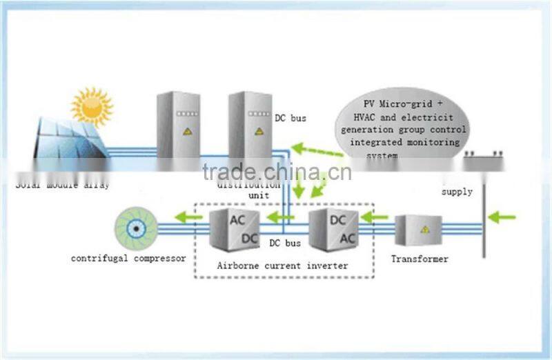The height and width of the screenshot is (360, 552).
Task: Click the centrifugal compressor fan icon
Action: click(x=136, y=228)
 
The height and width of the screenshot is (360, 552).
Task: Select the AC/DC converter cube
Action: click(x=234, y=229)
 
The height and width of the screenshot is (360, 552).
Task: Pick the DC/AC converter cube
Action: click(x=333, y=229)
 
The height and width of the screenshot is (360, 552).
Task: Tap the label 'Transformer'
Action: click(x=420, y=259)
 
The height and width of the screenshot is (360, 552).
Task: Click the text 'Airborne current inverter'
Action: click(x=282, y=266)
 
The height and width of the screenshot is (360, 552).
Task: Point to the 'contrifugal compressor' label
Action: click(x=128, y=259)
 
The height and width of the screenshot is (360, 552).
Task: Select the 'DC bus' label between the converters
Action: click(x=284, y=243)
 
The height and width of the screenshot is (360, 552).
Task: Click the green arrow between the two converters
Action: click(x=281, y=218)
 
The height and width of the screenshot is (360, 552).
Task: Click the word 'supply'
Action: click(x=457, y=192)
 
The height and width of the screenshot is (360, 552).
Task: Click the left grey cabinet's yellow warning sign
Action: click(x=187, y=130)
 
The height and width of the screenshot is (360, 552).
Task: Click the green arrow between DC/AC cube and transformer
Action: click(x=375, y=218)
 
